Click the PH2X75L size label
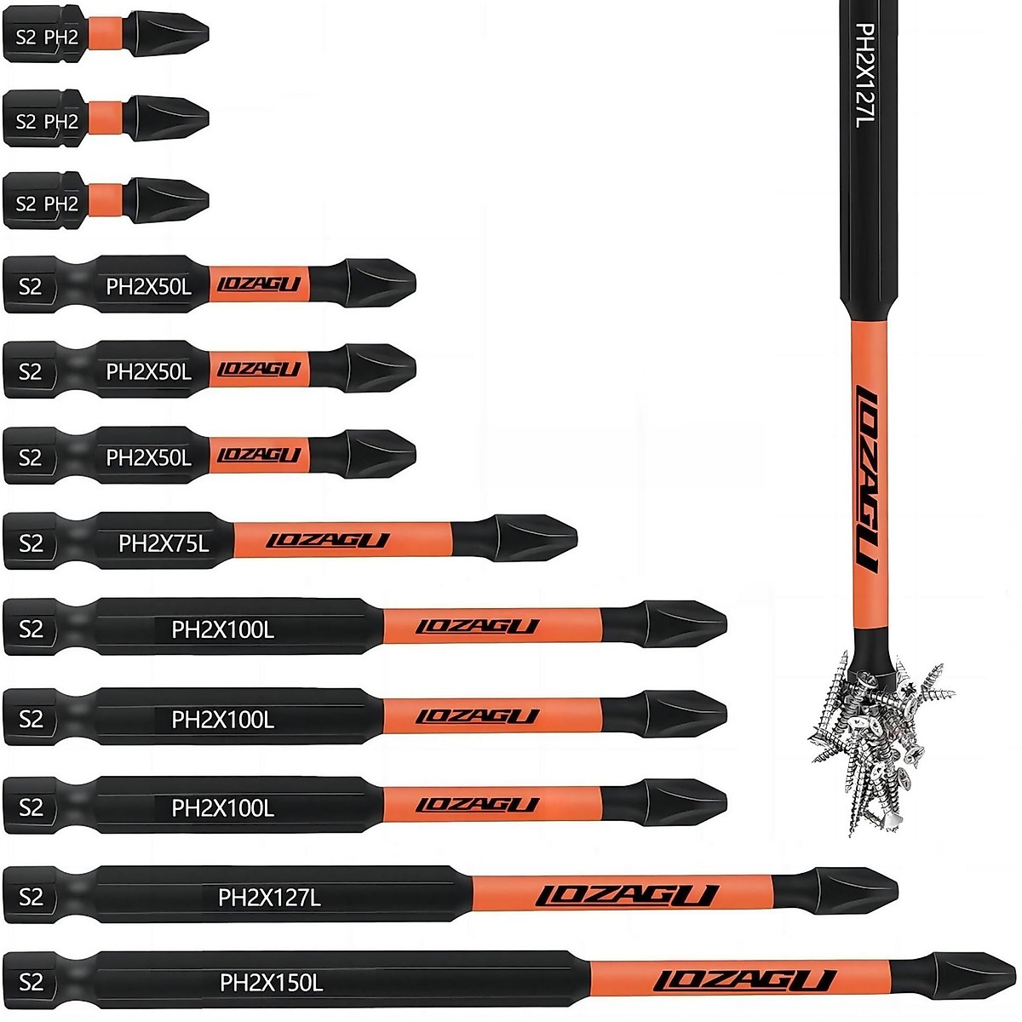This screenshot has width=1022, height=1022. click(x=164, y=543)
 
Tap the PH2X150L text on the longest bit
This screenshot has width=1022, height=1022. click(x=271, y=983)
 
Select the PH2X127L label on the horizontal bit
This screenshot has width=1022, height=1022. click(x=269, y=897)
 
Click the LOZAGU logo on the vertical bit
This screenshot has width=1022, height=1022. click(x=866, y=478)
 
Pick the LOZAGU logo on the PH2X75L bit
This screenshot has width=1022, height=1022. click(x=328, y=541)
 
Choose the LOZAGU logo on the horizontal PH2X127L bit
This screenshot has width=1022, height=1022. click(x=627, y=895)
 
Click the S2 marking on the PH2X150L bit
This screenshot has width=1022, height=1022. click(x=31, y=982)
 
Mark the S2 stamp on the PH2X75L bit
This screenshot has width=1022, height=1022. click(x=31, y=543)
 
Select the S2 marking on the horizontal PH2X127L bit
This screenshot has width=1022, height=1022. click(x=31, y=896)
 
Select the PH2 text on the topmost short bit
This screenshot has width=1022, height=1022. click(x=61, y=37)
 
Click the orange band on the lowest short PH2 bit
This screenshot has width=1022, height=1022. click(x=107, y=202)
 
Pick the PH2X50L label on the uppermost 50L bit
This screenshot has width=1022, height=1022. click(x=148, y=286)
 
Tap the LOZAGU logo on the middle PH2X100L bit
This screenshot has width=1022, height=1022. click(x=478, y=717)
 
